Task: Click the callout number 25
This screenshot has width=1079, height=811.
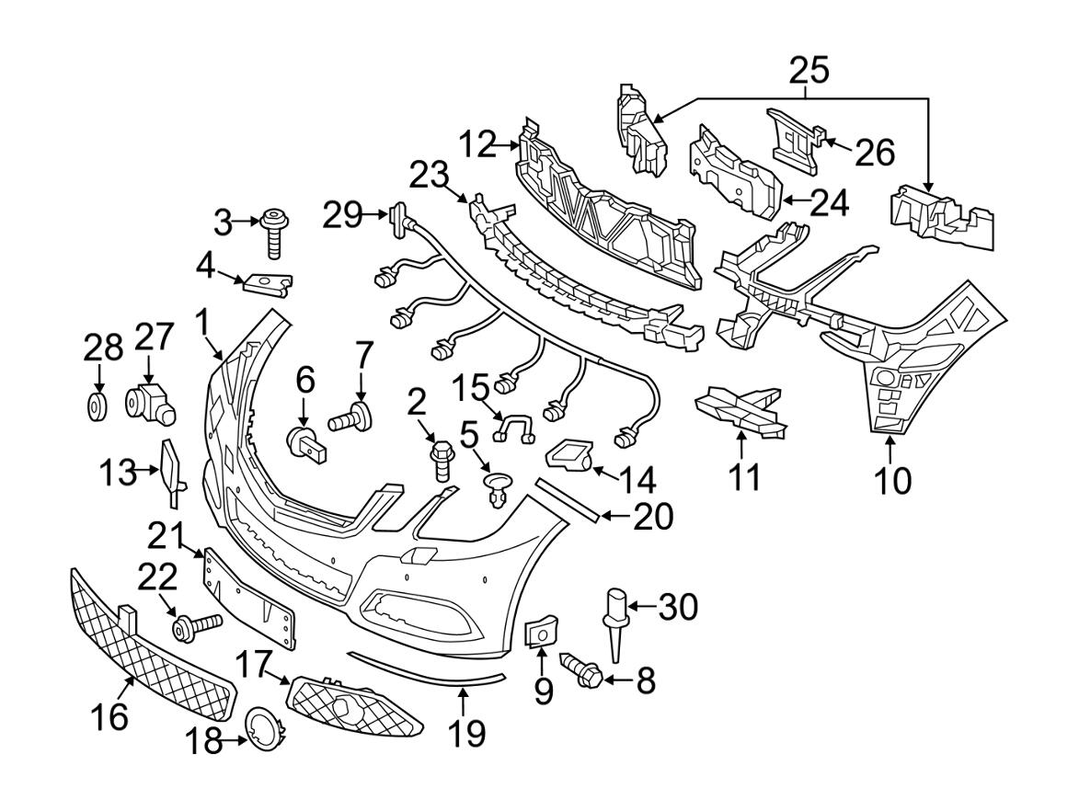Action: pyautogui.click(x=809, y=70)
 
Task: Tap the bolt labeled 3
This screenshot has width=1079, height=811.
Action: pyautogui.click(x=273, y=233)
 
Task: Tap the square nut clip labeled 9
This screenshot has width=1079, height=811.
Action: pyautogui.click(x=538, y=634)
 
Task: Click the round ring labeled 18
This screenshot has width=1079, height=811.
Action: pyautogui.click(x=264, y=725)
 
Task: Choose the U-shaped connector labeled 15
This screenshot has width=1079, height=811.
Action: pyautogui.click(x=516, y=427)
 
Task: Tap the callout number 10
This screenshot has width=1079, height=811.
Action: pyautogui.click(x=890, y=479)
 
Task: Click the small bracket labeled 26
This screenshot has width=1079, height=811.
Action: pyautogui.click(x=794, y=138)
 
